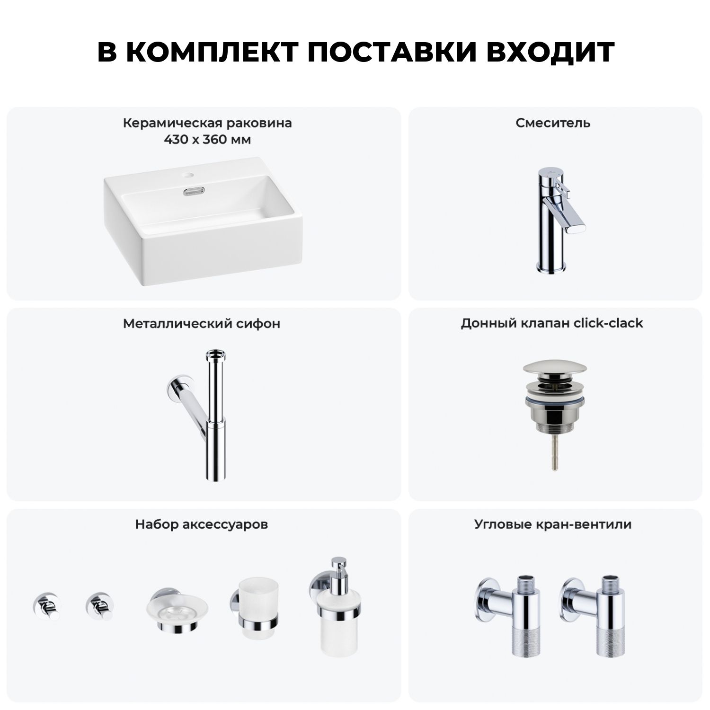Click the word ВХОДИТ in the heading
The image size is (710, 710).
[550, 52]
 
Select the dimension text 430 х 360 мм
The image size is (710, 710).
[207, 140]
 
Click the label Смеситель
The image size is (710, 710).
[553, 123]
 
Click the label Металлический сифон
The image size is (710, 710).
[202, 324]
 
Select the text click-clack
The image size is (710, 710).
[608, 323]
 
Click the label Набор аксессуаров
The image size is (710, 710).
[202, 524]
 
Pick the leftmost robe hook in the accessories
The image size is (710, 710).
[46, 606]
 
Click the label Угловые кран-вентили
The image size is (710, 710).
[553, 524]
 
